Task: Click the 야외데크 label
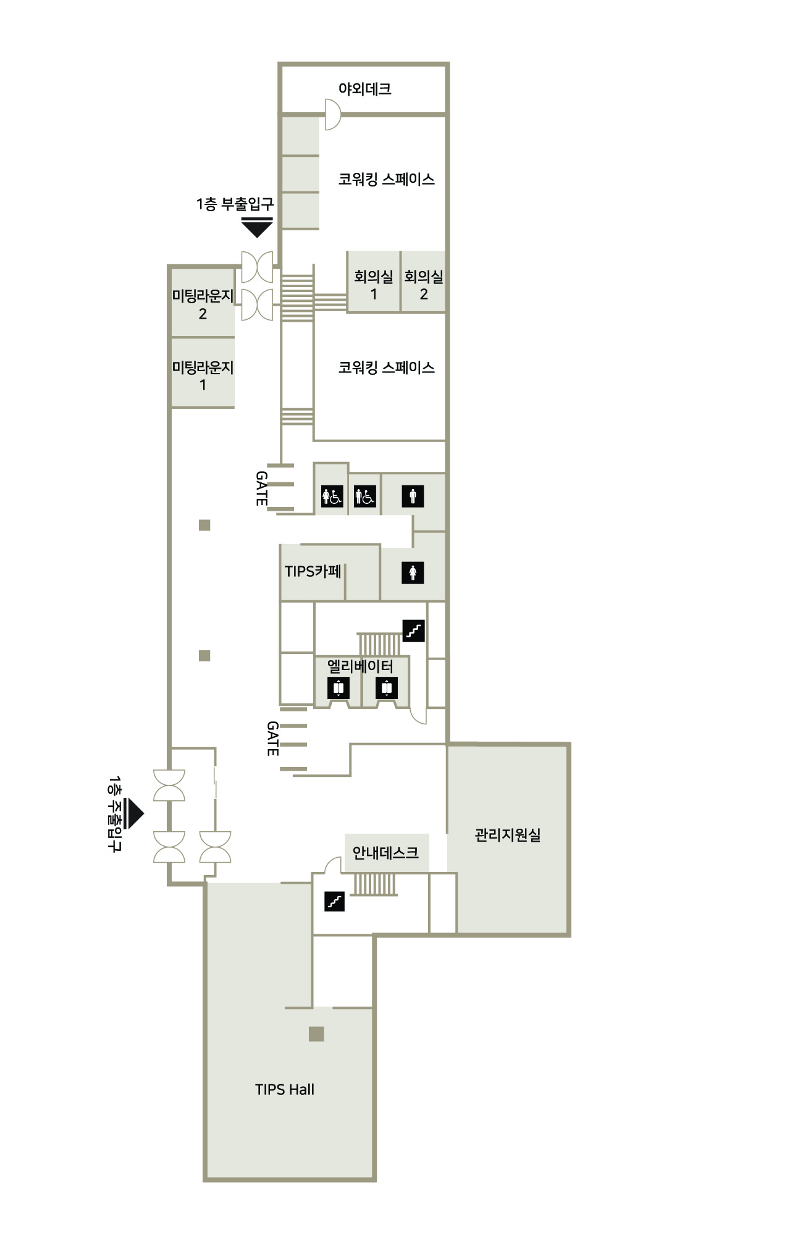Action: [x=364, y=89]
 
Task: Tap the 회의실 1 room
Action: [x=373, y=282]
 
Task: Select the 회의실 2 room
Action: [x=424, y=282]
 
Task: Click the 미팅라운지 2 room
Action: [x=203, y=303]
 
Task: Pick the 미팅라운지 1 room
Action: [x=203, y=373]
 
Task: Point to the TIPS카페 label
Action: [x=313, y=571]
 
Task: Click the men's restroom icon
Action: [x=413, y=496]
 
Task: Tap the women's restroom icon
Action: [x=413, y=573]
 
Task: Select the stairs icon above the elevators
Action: [x=414, y=630]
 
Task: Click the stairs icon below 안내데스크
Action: [x=334, y=902]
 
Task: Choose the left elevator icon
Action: [x=338, y=687]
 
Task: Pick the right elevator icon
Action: [x=387, y=687]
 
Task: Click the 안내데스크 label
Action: [x=385, y=853]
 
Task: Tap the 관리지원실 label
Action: [x=508, y=835]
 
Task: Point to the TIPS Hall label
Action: [x=285, y=1089]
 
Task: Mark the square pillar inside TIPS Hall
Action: [x=316, y=1034]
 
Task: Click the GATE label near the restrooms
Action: [x=262, y=488]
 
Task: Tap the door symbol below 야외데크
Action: [x=333, y=114]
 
